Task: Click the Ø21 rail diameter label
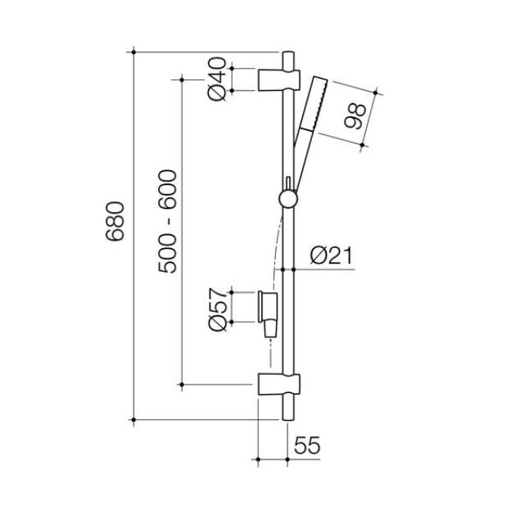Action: pos(331,256)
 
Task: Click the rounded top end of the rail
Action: pos(288,56)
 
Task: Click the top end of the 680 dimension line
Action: pos(133,52)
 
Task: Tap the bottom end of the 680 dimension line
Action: pos(133,420)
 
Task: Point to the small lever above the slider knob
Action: pos(288,182)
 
